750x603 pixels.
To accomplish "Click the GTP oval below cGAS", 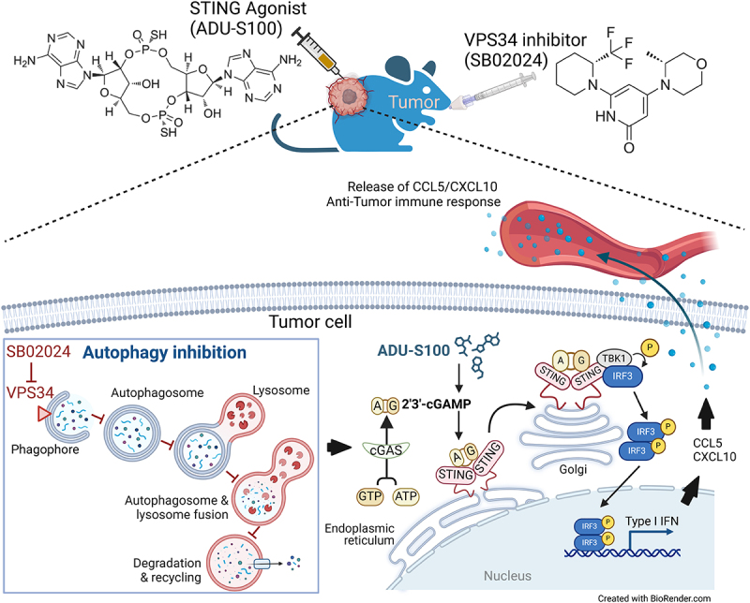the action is click(x=369, y=496).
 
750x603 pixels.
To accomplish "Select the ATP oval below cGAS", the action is click(x=406, y=496).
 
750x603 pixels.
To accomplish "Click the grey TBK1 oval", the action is click(x=614, y=359).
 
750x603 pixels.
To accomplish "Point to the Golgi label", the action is click(x=573, y=470).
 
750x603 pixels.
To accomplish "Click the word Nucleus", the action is click(x=507, y=576).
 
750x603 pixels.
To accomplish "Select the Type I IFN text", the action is click(x=652, y=521).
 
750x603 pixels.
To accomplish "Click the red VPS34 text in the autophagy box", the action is click(x=30, y=392).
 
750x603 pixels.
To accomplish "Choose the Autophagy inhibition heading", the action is click(x=165, y=353).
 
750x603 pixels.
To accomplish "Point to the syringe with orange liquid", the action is click(x=316, y=51).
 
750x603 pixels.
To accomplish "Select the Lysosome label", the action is click(x=281, y=390).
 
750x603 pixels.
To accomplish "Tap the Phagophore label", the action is click(x=45, y=449).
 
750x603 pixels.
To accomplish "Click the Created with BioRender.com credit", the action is click(x=653, y=598).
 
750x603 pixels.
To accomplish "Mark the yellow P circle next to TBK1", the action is click(x=650, y=346).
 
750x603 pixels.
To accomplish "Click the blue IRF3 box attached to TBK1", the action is click(x=622, y=376).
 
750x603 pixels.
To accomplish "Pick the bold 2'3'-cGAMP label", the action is click(x=437, y=404).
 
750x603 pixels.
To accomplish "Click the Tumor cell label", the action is click(x=310, y=321).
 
